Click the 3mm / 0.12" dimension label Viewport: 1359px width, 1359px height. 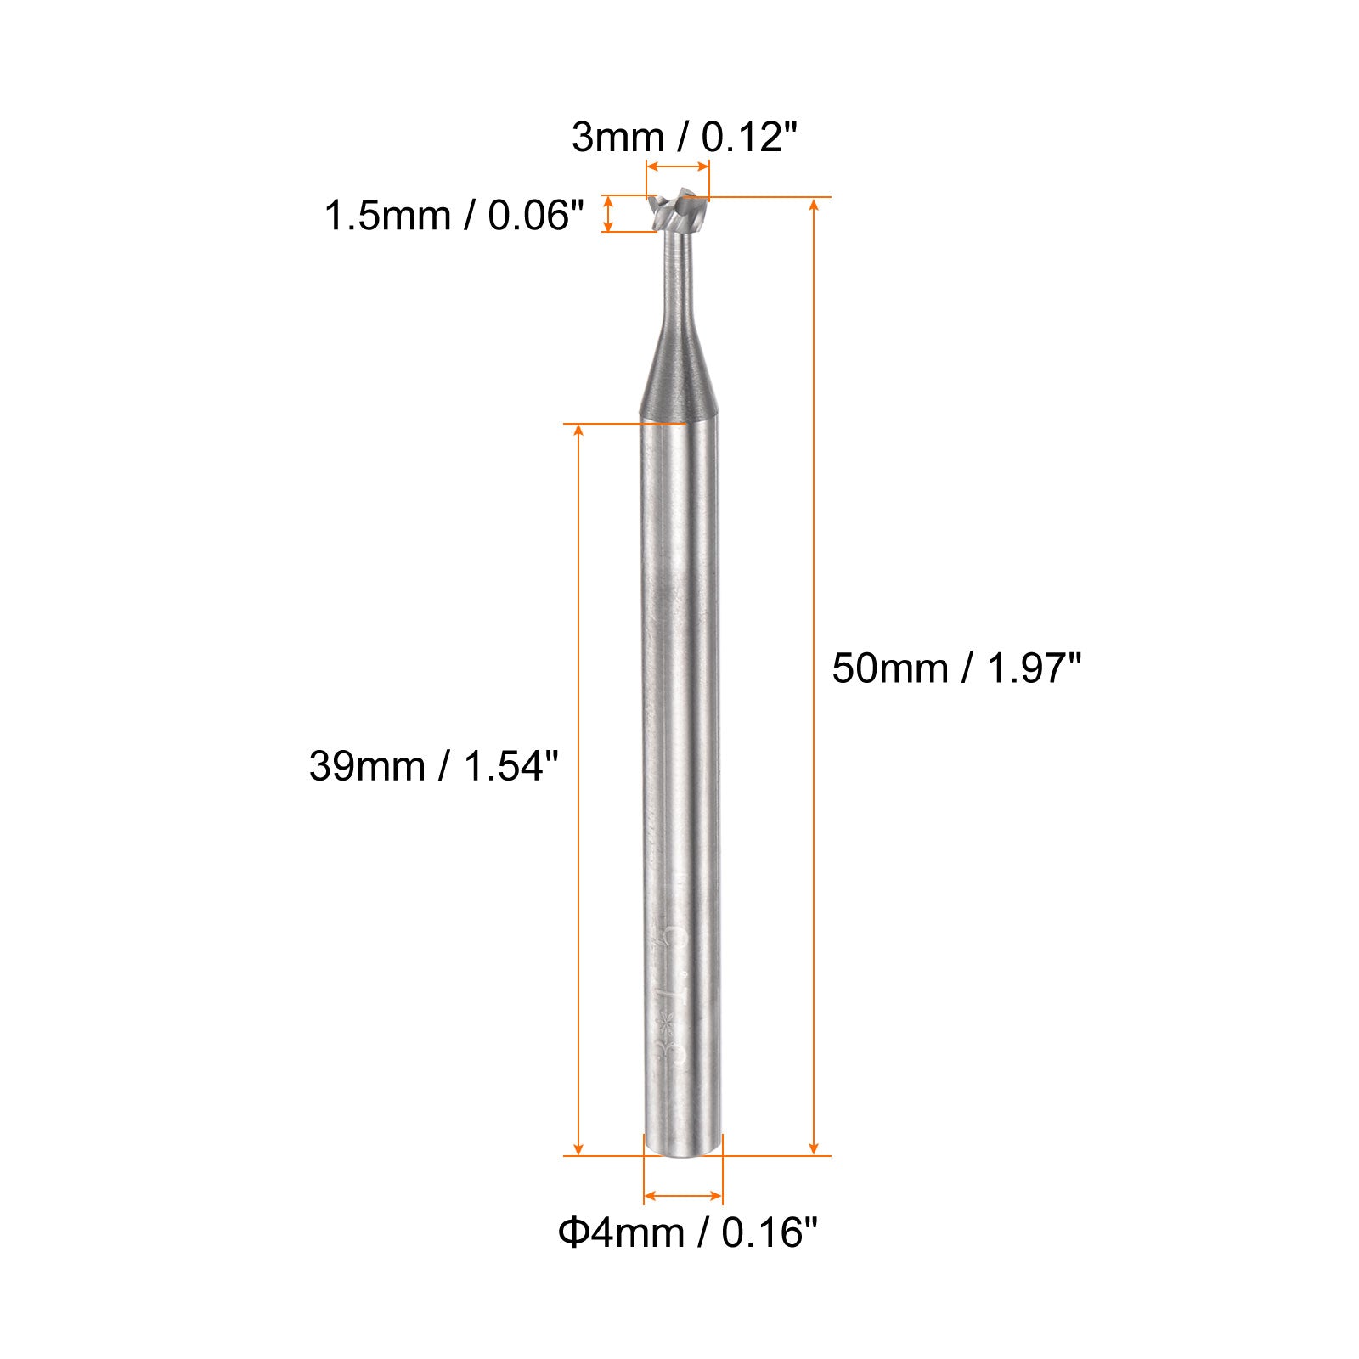coord(684,137)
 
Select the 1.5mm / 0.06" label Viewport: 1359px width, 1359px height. coord(454,216)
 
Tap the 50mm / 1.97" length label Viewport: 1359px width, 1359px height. coord(956,668)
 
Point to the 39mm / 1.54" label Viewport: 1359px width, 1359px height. coord(434,766)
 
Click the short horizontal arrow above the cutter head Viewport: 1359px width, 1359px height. coord(678,167)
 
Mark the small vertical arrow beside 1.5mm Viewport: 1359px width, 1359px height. coord(607,213)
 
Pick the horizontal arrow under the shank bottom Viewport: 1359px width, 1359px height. coord(683,1196)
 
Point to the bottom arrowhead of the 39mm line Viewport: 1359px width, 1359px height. coord(579,1148)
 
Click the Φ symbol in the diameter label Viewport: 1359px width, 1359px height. coord(573,1232)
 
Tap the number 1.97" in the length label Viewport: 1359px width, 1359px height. coord(1033,668)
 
